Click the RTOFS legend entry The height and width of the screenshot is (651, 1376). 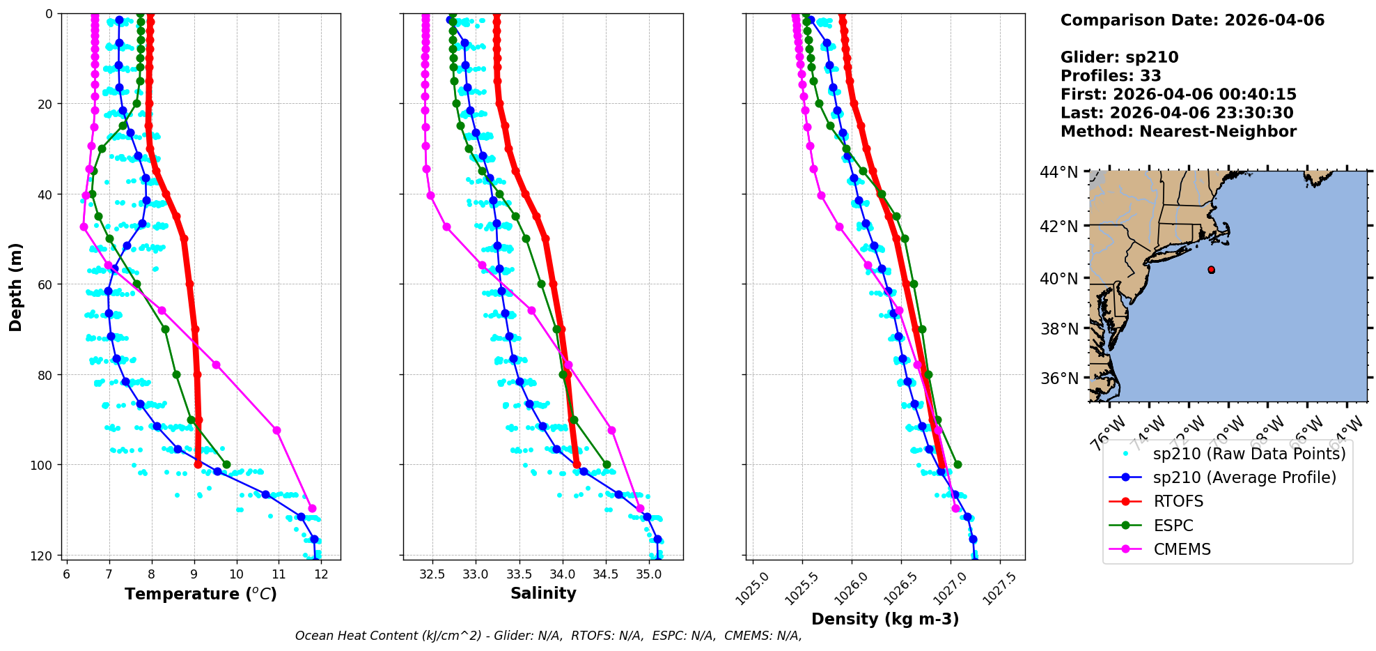point(1178,502)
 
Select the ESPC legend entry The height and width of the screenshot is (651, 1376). point(1173,526)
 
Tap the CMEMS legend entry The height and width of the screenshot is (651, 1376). point(1182,549)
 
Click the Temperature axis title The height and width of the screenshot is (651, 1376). point(201,594)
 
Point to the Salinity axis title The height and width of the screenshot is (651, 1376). point(543,593)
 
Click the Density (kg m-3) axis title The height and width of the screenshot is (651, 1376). point(885,619)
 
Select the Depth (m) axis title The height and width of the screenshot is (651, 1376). point(16,287)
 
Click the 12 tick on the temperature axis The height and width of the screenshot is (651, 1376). point(321,574)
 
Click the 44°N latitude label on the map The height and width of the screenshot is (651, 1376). point(1058,172)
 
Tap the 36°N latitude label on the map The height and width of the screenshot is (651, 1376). point(1058,378)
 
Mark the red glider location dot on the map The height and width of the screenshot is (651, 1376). point(1211,270)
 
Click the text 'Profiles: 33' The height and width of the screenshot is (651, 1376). point(1111,76)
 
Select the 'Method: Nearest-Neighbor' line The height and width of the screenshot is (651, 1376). point(1178,132)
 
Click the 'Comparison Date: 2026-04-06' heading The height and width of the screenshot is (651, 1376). point(1192,20)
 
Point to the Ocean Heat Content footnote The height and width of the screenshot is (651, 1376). point(548,636)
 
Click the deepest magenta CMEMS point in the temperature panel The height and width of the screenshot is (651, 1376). point(312,508)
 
